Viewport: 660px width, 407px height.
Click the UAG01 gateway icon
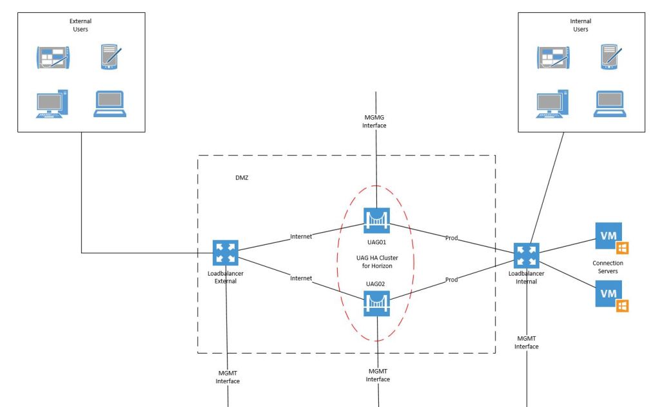click(377, 220)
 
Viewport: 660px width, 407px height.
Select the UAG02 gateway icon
click(377, 303)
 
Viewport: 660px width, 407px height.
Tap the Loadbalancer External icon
click(226, 252)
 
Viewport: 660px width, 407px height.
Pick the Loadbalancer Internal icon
click(527, 256)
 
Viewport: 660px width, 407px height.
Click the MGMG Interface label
click(374, 121)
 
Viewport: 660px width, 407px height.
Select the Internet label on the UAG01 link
click(301, 236)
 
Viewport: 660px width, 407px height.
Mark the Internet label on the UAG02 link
click(301, 278)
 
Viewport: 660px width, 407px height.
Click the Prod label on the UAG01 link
click(452, 238)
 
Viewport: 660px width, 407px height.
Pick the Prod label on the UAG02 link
click(452, 279)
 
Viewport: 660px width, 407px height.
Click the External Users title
click(81, 25)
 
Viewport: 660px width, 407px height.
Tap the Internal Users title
click(580, 25)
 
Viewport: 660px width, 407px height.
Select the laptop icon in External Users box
click(110, 104)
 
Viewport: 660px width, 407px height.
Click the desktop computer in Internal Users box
click(552, 104)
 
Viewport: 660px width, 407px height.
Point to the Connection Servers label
click(608, 267)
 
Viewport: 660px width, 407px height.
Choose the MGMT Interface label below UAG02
click(378, 375)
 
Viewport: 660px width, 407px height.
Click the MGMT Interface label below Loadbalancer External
click(228, 377)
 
